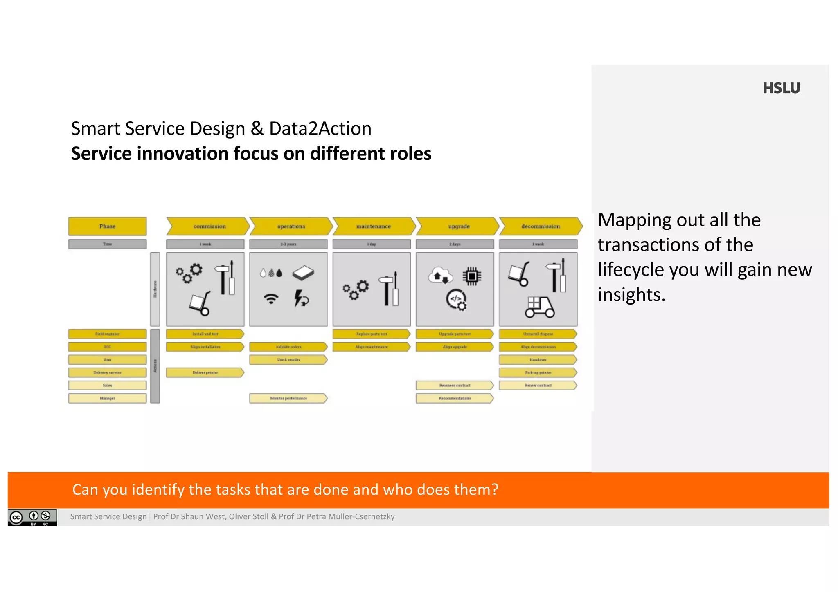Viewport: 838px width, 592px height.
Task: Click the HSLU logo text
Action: coord(781,88)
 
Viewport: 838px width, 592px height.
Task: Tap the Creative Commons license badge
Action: coord(32,517)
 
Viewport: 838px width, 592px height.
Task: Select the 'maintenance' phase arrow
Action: coord(374,226)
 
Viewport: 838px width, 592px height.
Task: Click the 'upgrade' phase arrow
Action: coord(458,226)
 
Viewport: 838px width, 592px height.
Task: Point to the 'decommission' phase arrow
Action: coord(541,226)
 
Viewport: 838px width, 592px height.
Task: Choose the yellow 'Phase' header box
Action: coord(107,226)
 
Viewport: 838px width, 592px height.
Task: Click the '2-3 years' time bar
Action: coord(288,244)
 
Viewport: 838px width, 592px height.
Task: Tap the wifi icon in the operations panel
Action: coord(271,299)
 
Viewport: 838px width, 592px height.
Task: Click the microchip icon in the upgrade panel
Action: coord(472,276)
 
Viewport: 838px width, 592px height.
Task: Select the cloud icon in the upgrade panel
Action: coord(440,276)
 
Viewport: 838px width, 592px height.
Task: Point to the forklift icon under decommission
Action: coord(540,307)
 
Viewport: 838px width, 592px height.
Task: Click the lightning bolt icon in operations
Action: coord(301,298)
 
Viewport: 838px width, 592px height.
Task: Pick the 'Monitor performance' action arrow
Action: coord(288,398)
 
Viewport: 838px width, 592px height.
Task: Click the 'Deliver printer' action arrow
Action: coord(205,372)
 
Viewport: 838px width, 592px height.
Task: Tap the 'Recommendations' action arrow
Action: coord(455,398)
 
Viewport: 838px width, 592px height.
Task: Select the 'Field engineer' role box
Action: coord(107,334)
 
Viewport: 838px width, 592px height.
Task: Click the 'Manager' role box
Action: coord(107,398)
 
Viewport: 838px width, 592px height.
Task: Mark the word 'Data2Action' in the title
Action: coord(320,129)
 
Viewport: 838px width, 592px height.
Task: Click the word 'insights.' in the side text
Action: coord(631,295)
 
